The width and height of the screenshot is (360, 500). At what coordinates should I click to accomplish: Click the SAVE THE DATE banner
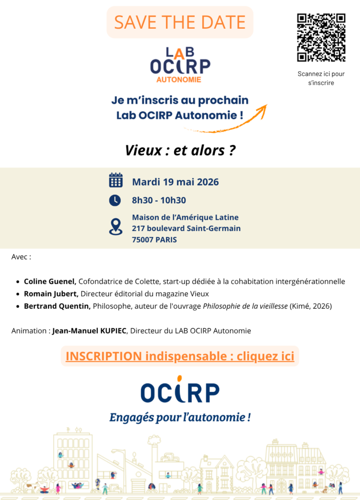(180, 22)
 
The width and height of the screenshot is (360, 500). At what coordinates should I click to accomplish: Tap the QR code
(321, 38)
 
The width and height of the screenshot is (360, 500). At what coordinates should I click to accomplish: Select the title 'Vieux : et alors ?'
(179, 150)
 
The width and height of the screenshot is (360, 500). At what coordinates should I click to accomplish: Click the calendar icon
(116, 180)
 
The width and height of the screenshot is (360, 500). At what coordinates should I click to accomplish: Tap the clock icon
(115, 200)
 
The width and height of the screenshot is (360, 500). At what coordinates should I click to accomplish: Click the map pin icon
(115, 227)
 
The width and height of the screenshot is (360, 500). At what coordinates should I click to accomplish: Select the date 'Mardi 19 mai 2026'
(175, 182)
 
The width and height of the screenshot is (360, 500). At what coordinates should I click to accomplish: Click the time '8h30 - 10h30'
(159, 200)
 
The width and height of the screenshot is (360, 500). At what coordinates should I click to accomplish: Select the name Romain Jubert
(51, 294)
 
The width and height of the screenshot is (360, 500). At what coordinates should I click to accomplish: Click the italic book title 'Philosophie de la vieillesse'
(245, 306)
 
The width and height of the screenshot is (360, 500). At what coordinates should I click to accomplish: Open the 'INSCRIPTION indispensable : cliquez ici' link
(180, 356)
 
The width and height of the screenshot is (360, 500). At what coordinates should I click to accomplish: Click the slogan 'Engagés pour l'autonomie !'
(180, 417)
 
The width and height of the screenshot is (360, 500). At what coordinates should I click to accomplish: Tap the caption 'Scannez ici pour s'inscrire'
(321, 79)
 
